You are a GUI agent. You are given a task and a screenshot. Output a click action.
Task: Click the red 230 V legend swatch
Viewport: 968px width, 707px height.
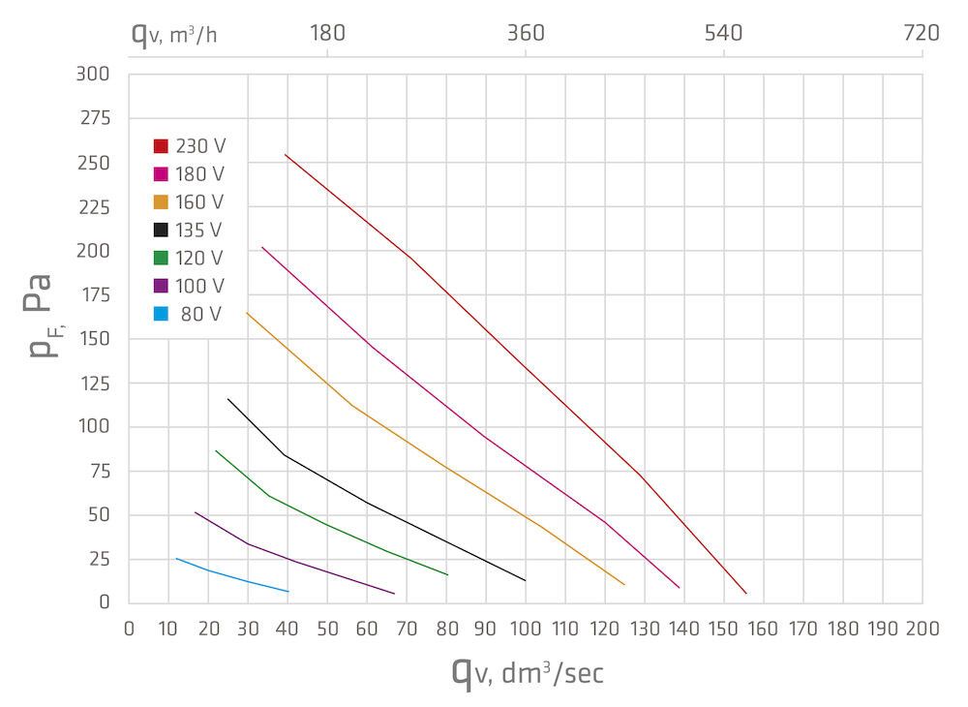pos(161,146)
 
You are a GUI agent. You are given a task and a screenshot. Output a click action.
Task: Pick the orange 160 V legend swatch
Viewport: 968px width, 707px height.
pos(161,202)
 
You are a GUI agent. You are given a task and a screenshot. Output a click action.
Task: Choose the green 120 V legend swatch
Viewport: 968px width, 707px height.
pos(161,259)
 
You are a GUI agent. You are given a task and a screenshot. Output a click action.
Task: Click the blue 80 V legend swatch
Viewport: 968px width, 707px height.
pos(161,315)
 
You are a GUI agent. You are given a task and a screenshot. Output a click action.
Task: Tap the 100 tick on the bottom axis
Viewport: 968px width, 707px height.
pos(525,628)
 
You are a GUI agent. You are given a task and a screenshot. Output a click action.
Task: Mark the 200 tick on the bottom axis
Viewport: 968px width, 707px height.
pos(921,628)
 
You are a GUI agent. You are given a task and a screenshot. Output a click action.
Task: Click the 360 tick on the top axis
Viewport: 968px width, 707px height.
pos(526,33)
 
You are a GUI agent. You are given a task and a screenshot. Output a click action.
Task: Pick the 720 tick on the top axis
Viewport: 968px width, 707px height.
pos(921,33)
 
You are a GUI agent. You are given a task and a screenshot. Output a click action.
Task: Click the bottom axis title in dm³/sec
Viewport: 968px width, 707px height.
pos(528,672)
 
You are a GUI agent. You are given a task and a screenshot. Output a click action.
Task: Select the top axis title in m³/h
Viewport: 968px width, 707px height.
pos(174,35)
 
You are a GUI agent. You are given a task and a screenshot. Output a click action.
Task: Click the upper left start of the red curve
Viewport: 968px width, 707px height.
pos(286,155)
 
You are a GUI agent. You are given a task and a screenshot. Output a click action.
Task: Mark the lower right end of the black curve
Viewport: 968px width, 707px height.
pos(525,580)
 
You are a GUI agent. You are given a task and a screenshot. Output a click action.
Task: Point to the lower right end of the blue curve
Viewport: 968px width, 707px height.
pos(287,591)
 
